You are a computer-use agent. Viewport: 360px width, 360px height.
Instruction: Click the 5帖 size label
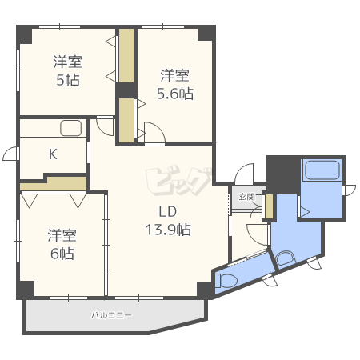tap(68, 80)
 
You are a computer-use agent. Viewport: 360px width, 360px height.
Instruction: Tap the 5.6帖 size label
tap(175, 94)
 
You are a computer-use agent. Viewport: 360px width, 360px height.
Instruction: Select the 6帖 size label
tap(62, 254)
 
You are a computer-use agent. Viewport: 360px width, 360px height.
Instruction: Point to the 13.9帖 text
tap(168, 230)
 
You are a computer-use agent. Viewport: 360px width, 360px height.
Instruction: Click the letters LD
tap(168, 211)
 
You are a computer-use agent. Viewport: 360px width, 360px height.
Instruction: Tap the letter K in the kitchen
tap(53, 154)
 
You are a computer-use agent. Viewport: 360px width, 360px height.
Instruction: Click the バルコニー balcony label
tap(111, 315)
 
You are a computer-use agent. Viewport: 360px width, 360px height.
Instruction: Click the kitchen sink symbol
tap(71, 128)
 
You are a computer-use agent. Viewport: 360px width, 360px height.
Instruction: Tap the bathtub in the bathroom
tap(322, 170)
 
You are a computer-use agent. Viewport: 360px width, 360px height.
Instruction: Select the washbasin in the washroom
tap(285, 258)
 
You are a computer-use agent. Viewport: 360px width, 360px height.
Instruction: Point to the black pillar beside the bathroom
tap(283, 175)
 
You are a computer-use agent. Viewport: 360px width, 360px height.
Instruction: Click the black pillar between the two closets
tap(126, 90)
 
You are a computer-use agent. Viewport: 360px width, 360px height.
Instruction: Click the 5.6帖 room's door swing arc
tap(158, 129)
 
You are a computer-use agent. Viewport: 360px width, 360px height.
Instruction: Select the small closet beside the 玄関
tap(269, 206)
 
